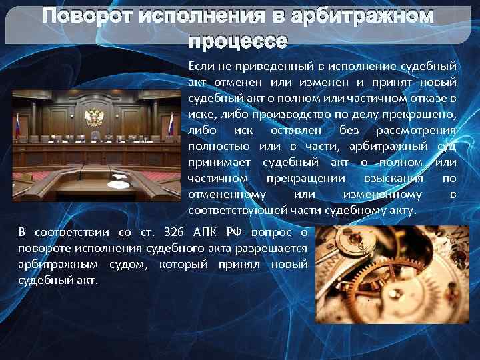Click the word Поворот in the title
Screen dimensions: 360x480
(x=85, y=15)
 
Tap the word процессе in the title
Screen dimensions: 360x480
(x=238, y=41)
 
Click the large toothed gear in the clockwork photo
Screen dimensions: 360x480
(x=400, y=280)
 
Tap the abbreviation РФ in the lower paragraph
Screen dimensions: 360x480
(x=233, y=233)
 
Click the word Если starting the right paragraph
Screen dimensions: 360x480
(x=201, y=67)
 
